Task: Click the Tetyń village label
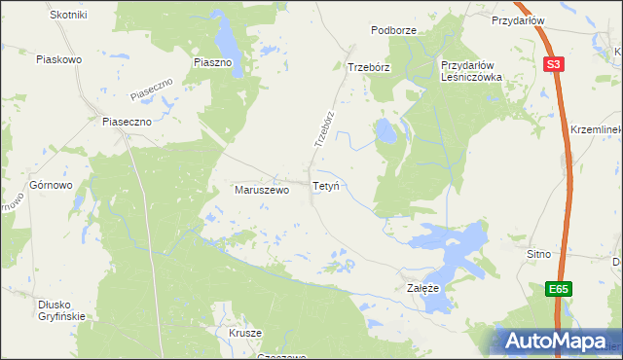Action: pos(325,185)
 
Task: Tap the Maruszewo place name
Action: pos(262,190)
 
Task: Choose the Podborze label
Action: pos(393,30)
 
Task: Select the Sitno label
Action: pos(538,254)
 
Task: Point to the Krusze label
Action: pos(246,333)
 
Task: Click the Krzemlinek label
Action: pos(596,129)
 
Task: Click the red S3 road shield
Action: pos(554,64)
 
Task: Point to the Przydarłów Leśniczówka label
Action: pos(470,71)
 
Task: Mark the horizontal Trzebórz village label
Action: pos(369,67)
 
